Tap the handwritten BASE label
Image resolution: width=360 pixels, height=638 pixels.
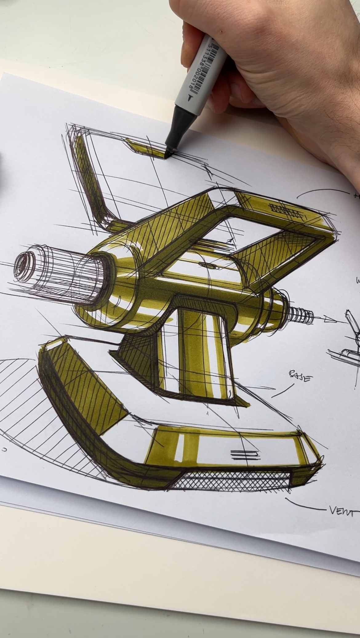[x=299, y=376]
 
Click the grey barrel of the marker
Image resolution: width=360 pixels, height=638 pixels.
[x=200, y=74]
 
